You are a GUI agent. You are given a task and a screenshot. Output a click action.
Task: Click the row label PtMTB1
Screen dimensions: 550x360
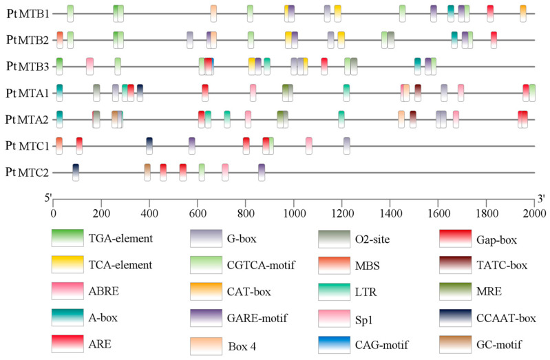coord(28,14)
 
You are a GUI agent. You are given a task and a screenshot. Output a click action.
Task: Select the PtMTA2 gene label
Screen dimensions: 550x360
coord(27,120)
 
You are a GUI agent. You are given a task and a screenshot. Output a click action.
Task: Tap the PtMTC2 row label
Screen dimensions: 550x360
coord(27,172)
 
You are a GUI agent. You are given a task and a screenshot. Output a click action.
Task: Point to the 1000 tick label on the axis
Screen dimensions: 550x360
coord(294,213)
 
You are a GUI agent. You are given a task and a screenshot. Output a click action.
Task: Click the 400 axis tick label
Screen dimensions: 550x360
coord(149,213)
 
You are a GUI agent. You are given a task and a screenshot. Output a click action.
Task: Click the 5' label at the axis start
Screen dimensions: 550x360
coord(48,198)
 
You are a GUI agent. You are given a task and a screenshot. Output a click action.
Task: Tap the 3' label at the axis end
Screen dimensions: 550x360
coord(541,199)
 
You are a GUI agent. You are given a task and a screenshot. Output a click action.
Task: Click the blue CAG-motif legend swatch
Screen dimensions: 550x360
coord(335,345)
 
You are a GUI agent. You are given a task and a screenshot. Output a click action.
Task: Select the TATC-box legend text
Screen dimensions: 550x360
coord(502,265)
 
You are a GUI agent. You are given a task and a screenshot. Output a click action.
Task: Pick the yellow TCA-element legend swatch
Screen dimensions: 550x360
coord(67,264)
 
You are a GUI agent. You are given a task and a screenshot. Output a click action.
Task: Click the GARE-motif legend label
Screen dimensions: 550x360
coord(257,318)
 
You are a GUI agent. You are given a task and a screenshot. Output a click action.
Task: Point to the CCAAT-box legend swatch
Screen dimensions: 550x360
coord(455,318)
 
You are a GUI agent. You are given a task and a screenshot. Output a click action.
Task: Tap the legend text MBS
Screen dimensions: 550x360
coord(368,266)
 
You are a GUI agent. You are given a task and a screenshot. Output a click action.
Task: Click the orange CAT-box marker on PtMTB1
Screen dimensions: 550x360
coord(523,14)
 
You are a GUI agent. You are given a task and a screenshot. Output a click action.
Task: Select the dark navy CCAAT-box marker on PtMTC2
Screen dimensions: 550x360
coord(76,172)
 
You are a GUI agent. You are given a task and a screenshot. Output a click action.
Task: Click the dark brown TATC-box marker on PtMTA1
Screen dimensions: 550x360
coord(418,93)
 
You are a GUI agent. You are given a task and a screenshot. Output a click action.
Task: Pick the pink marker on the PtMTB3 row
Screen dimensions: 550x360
coord(89,66)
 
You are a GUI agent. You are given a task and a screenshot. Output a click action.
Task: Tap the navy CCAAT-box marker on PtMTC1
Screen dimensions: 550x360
coord(149,146)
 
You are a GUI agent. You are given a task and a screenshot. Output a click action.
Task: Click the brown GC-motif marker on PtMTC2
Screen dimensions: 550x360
coord(147,172)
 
